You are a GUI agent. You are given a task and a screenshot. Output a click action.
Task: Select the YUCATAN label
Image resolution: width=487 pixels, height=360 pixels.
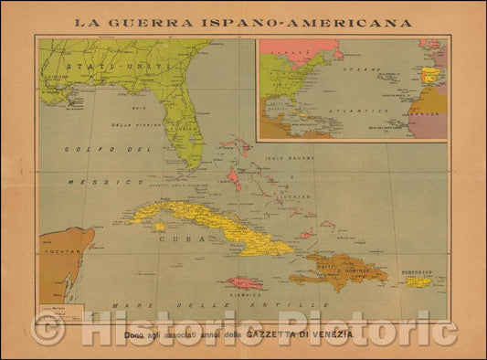[60, 245]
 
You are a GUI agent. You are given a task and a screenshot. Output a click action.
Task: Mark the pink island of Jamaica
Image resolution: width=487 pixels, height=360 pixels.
[244, 284]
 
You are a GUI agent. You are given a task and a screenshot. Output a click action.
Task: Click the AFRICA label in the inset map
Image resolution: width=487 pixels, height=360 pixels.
[432, 115]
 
